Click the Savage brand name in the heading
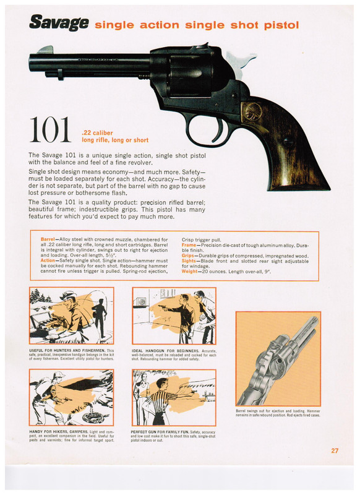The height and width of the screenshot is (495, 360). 59,24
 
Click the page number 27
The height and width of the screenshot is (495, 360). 335,450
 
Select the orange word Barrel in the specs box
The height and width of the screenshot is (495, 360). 48,238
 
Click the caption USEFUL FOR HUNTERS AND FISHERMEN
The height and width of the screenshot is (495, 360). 71,350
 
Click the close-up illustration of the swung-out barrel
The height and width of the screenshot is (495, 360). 278,358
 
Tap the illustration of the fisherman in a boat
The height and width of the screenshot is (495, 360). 71,316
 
